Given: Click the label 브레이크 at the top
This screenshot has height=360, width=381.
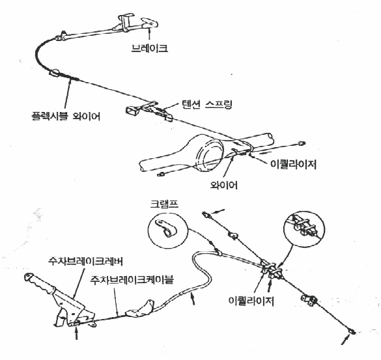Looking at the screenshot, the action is [x=149, y=48].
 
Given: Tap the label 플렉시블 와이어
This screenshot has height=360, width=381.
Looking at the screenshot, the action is [x=66, y=117].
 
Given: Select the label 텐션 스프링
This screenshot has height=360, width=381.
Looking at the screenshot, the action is [x=207, y=104].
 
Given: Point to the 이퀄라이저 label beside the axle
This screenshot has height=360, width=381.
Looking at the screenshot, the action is [x=294, y=165].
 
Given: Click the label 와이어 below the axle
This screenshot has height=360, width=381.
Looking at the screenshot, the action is [x=224, y=185].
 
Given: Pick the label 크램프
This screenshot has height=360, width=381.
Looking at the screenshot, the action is [x=164, y=204].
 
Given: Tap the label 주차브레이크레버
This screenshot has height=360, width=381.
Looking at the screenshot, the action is [x=85, y=261].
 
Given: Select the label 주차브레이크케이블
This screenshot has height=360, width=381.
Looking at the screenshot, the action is [x=132, y=279].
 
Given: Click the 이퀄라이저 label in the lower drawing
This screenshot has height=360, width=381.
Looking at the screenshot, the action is [x=251, y=301].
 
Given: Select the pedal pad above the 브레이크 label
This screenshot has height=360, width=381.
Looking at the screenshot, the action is [x=149, y=23].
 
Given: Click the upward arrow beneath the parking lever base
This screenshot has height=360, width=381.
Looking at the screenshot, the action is [x=77, y=333].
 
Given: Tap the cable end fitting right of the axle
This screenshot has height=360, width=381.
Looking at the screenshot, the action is [x=302, y=143].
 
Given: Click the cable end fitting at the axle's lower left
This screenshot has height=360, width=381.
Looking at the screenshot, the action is [x=160, y=174].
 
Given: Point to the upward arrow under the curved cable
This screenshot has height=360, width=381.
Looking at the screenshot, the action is [x=193, y=299].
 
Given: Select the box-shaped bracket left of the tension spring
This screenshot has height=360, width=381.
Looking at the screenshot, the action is [x=133, y=110].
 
